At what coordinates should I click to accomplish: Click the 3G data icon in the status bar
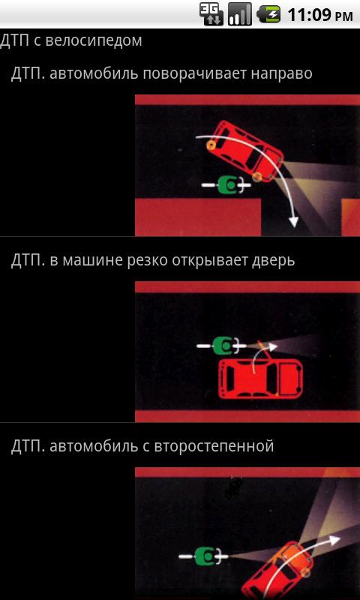point(211,14)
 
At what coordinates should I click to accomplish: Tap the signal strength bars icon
point(240,14)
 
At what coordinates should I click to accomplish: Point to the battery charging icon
point(268,14)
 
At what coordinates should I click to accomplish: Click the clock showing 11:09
point(319,15)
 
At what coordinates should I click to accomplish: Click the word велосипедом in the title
point(93,41)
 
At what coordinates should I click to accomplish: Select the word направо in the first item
point(281,74)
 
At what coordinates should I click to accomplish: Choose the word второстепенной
point(214,447)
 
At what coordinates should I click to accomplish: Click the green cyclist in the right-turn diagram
point(226,185)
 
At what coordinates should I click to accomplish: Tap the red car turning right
point(245,152)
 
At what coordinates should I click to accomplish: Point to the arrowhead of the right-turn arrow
point(293,221)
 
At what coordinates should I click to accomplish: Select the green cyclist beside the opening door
point(221,346)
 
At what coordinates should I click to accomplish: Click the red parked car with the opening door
point(260,379)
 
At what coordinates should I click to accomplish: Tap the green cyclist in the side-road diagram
point(203,556)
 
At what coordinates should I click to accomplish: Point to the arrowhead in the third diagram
point(334,540)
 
